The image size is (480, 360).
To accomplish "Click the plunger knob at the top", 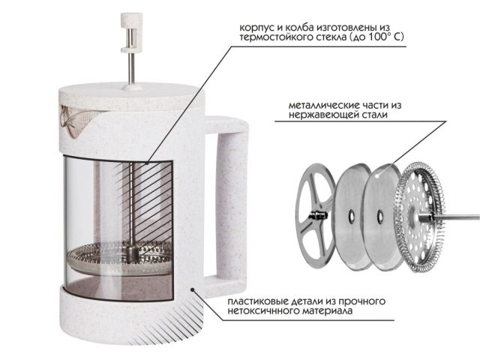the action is [131, 33].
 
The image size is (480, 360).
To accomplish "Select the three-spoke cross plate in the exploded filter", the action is [315, 214].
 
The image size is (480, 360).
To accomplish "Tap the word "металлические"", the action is [324, 106].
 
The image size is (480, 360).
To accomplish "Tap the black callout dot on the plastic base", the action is [193, 289].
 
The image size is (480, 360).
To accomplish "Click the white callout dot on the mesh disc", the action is [378, 176].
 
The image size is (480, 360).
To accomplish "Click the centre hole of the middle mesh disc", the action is [352, 217].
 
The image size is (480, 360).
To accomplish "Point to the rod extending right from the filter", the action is [457, 217].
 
